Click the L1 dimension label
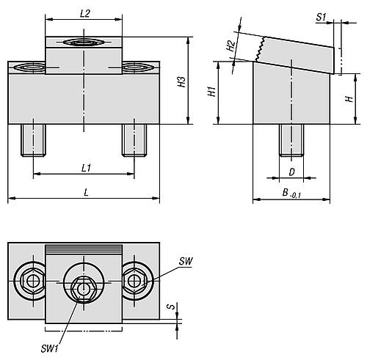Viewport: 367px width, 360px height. click(86, 168)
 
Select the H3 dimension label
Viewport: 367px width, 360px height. click(181, 82)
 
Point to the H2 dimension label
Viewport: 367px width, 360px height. click(230, 45)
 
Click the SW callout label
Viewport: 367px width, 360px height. click(185, 261)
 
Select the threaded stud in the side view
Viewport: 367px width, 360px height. click(291, 139)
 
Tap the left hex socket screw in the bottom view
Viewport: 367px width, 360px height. click(32, 280)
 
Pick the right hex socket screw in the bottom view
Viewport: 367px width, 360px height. click(134, 280)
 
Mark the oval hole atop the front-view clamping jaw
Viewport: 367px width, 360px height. click(82, 43)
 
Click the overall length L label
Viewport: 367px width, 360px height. click(86, 192)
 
